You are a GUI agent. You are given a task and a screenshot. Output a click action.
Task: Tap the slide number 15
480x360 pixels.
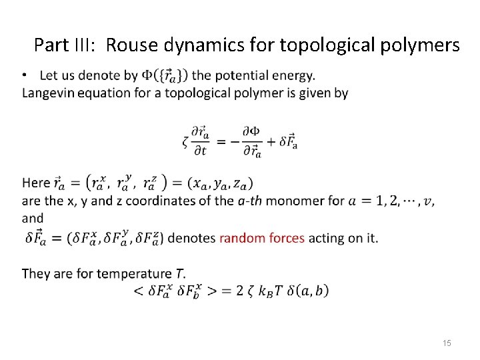(447, 343)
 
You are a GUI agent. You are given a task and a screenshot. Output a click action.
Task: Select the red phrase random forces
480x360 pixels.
(262, 237)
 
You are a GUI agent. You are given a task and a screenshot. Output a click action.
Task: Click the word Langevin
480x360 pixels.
(48, 93)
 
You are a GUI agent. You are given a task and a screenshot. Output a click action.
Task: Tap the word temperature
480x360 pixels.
(135, 273)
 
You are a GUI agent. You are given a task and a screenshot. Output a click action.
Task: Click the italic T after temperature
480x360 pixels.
(179, 273)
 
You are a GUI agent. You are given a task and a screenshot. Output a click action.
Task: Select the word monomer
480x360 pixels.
(294, 201)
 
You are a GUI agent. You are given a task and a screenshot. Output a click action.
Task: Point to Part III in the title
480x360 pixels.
(66, 45)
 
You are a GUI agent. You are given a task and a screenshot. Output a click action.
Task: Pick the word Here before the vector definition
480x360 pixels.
(36, 183)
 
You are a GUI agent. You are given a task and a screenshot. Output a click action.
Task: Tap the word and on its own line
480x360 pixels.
(33, 218)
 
